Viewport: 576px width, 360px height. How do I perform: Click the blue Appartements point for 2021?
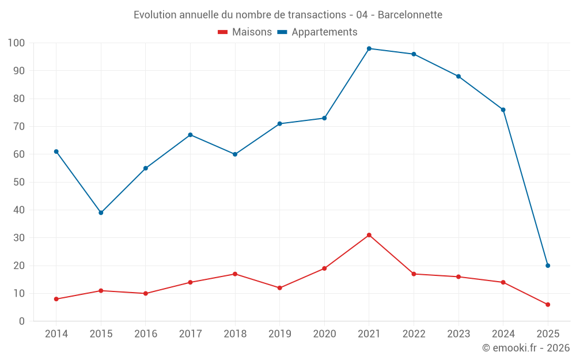tap(369, 48)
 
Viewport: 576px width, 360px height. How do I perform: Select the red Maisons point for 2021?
tap(369, 235)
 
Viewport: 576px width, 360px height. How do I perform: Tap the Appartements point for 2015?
tap(101, 213)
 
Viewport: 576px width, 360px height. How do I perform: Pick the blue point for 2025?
tap(548, 266)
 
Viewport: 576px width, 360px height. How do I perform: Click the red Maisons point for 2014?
tap(56, 299)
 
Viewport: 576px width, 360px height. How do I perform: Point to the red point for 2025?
tap(548, 305)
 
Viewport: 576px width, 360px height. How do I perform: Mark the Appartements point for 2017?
tap(190, 135)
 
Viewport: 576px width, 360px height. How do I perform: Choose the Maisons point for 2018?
tap(235, 274)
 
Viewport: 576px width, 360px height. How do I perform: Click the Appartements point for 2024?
tap(503, 109)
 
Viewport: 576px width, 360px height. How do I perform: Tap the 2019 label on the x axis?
tap(280, 334)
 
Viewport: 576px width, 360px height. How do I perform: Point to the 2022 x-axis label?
tap(414, 334)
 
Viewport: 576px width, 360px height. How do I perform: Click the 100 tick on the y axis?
tap(16, 43)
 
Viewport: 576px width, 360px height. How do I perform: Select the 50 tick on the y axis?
tap(18, 182)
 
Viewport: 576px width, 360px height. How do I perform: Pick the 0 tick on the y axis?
tap(22, 321)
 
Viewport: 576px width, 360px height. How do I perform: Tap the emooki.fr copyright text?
tap(526, 348)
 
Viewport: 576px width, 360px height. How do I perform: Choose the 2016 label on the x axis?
tap(146, 334)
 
